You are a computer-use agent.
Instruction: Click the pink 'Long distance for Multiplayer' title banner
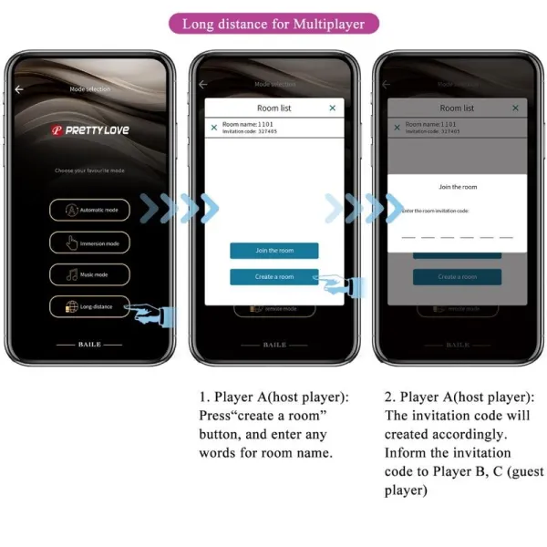click(273, 24)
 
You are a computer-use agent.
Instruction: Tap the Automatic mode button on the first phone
click(89, 210)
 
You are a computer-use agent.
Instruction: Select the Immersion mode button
click(89, 243)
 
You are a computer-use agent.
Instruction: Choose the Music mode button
click(89, 274)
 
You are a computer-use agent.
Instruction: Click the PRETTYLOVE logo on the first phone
click(89, 130)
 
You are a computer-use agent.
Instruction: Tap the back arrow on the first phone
click(19, 89)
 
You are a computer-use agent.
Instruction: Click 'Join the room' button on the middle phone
click(273, 251)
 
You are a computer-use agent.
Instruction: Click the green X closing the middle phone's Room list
click(332, 108)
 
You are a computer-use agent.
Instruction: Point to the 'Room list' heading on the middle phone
click(273, 108)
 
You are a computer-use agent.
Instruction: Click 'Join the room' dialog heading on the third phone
click(457, 187)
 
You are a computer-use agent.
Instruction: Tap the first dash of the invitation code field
click(408, 236)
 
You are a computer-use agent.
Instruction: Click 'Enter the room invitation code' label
click(435, 211)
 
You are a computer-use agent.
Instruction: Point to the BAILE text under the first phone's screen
click(89, 345)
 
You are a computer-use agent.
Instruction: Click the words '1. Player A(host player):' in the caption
click(273, 397)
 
